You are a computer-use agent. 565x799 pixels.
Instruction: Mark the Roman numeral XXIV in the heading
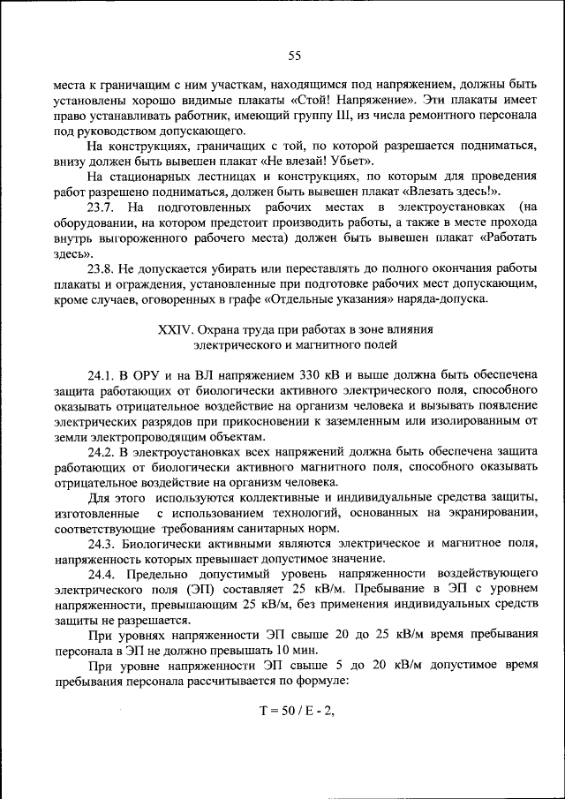(175, 328)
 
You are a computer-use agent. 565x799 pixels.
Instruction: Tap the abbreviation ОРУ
(148, 373)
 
